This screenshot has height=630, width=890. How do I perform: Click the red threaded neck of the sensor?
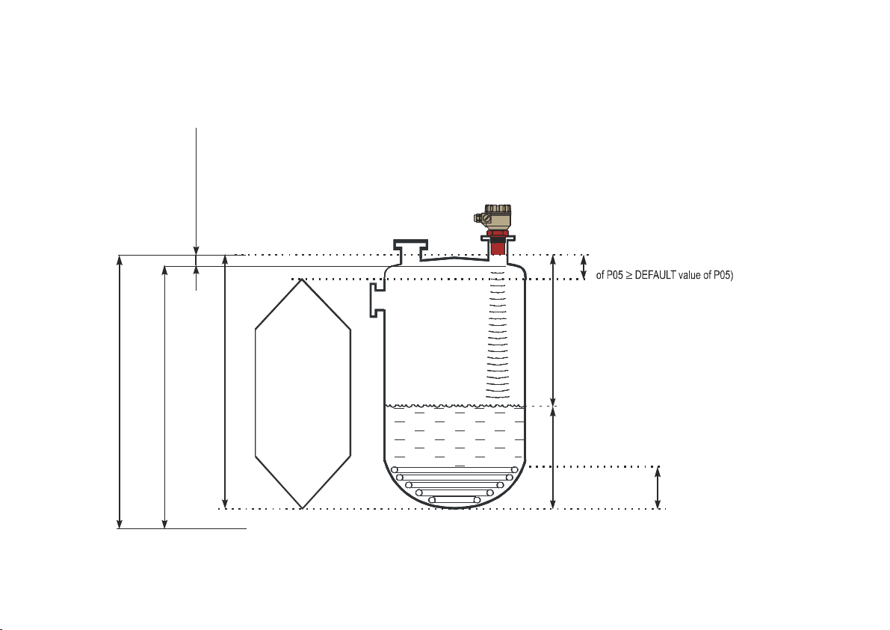point(498,242)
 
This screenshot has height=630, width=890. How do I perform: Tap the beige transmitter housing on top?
point(495,216)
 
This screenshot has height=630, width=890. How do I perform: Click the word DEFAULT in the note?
point(655,275)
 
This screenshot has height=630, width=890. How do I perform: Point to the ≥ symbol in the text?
point(629,275)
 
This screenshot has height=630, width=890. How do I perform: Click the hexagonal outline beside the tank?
point(303,393)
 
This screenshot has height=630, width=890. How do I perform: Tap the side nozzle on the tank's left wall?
point(377,300)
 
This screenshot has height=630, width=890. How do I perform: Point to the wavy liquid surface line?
point(454,406)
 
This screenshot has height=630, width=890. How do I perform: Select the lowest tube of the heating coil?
point(454,499)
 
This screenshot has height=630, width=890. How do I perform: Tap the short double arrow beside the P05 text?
point(584,267)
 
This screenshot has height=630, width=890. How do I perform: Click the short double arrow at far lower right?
point(658,487)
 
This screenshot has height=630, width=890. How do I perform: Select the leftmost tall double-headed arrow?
point(120,392)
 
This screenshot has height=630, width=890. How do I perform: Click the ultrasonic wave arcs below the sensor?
point(498,334)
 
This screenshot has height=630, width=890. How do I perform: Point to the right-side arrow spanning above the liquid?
point(554,330)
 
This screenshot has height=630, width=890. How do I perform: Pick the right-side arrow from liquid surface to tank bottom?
point(554,457)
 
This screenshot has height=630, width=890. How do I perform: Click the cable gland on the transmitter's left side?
point(480,217)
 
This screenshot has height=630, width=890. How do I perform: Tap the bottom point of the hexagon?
point(303,508)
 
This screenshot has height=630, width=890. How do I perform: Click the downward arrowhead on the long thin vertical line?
point(197,250)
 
